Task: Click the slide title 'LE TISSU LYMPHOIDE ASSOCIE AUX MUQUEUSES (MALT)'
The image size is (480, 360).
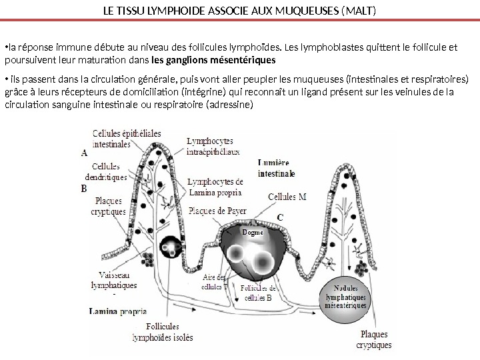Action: (x=240, y=11)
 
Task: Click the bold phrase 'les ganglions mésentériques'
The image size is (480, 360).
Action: (x=213, y=60)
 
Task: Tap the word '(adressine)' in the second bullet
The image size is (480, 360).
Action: (x=230, y=105)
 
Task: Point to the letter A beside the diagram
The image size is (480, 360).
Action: (x=84, y=152)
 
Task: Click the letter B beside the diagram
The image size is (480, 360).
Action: (x=84, y=189)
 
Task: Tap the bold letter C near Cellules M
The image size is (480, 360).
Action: (x=279, y=217)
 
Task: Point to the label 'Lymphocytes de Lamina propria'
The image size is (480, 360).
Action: (x=215, y=187)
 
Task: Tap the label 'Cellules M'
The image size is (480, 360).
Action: (x=287, y=197)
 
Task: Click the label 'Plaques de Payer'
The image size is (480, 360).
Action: (x=217, y=211)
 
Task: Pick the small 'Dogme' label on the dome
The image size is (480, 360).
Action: (x=253, y=233)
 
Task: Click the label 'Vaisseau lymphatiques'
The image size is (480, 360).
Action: (x=113, y=279)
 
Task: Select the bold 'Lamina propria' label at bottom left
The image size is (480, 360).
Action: (x=118, y=311)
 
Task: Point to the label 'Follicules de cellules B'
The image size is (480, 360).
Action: (x=259, y=293)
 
